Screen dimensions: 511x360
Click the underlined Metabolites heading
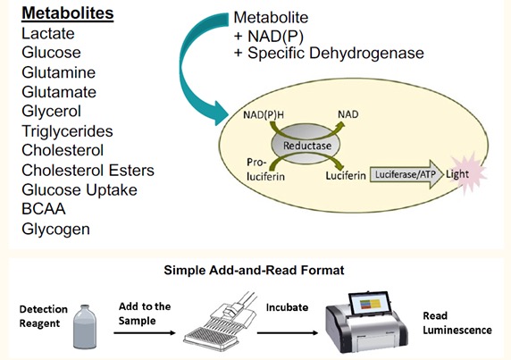pyautogui.click(x=68, y=13)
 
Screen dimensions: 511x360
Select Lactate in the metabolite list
pyautogui.click(x=48, y=34)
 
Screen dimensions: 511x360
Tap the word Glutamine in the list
pyautogui.click(x=59, y=72)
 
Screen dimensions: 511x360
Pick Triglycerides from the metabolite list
pyautogui.click(x=67, y=131)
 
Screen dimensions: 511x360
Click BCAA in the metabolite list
pyautogui.click(x=44, y=209)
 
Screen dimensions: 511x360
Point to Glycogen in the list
pyautogui.click(x=55, y=230)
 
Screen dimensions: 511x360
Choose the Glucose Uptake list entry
pyautogui.click(x=80, y=190)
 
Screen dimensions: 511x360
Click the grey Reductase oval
pyautogui.click(x=306, y=145)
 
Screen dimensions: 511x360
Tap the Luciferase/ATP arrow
pyautogui.click(x=406, y=174)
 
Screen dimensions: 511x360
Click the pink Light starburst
pyautogui.click(x=467, y=173)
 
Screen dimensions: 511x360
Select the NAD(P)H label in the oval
pyautogui.click(x=264, y=114)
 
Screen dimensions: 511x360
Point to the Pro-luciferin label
pyautogui.click(x=265, y=170)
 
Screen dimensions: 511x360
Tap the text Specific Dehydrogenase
pyautogui.click(x=336, y=53)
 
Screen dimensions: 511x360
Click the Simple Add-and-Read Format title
pyautogui.click(x=254, y=270)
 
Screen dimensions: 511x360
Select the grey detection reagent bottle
pyautogui.click(x=85, y=326)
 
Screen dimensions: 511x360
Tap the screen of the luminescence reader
pyautogui.click(x=370, y=304)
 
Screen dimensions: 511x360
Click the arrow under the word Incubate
pyautogui.click(x=288, y=332)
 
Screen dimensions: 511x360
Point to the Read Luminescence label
pyautogui.click(x=457, y=322)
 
